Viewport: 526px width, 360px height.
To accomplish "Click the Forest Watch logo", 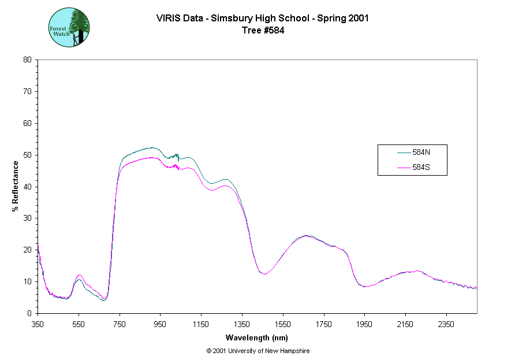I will coord(69,27).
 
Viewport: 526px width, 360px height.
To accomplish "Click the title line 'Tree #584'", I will coord(263,31).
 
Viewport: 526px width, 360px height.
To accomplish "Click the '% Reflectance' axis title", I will coord(15,186).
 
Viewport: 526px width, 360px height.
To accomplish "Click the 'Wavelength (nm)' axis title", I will coord(257,337).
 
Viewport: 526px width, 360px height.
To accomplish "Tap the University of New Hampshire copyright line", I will coord(258,351).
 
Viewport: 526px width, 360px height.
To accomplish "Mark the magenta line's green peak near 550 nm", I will coord(79,275).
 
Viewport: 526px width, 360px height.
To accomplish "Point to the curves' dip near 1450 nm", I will coord(264,274).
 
